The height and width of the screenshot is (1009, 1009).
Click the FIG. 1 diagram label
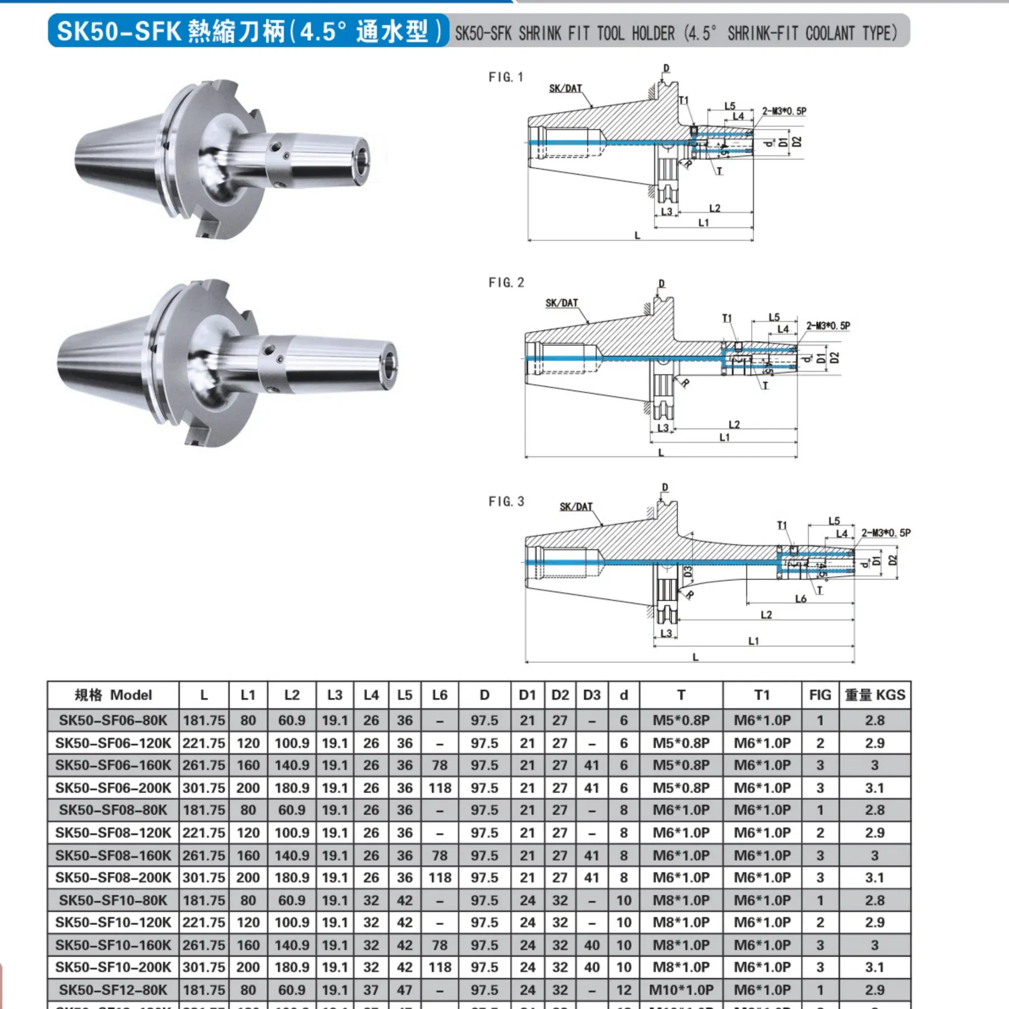click(506, 77)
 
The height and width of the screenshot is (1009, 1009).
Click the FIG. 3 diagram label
click(506, 501)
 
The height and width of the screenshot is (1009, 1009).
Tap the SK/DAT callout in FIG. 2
click(561, 303)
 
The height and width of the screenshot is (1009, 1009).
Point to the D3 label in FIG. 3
click(688, 572)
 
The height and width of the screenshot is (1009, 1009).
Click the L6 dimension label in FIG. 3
click(800, 599)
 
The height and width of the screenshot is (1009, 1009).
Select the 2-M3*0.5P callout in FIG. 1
click(784, 111)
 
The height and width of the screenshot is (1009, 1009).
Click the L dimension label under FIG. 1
click(637, 235)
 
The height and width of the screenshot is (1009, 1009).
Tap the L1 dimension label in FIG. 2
click(724, 437)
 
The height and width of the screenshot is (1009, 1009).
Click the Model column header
click(113, 695)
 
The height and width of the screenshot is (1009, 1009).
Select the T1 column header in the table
click(762, 695)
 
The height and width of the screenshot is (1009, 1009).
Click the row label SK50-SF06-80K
click(113, 720)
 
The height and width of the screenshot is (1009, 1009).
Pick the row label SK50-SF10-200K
click(113, 967)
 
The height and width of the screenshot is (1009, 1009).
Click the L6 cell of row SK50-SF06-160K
click(439, 765)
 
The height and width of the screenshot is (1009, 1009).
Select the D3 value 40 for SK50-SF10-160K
click(591, 945)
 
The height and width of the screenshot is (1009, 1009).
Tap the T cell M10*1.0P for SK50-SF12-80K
click(681, 990)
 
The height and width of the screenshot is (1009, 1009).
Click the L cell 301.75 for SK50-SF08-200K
click(203, 877)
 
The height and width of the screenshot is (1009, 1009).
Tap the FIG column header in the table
click(820, 695)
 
